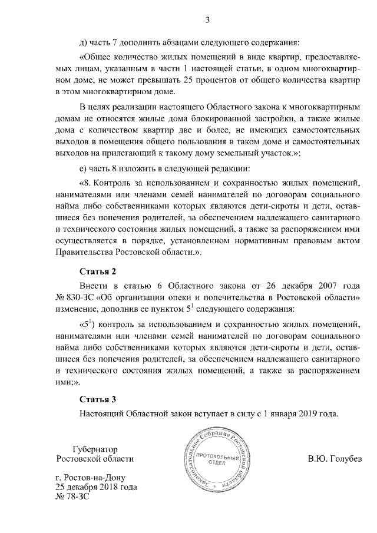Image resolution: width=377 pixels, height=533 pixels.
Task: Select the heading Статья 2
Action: point(98,271)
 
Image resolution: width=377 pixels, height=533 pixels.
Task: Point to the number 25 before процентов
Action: point(220,81)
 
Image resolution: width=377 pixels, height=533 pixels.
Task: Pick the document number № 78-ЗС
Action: point(71,498)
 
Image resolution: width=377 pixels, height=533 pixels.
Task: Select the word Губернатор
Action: point(94,448)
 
